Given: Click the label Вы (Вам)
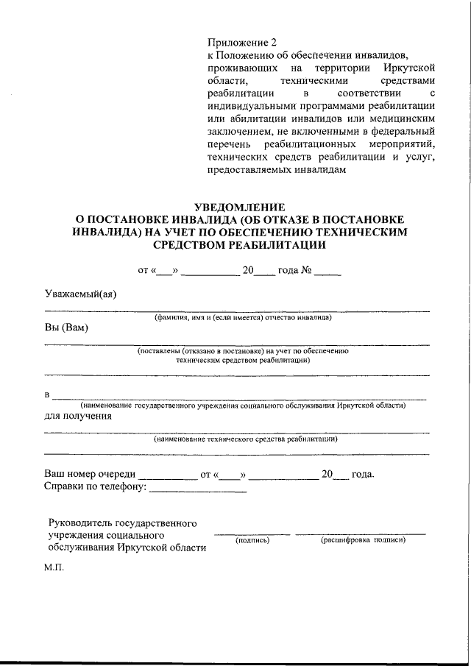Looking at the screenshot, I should (66, 327).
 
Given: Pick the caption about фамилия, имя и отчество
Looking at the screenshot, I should (243, 318).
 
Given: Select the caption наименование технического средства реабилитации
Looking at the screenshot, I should (246, 440).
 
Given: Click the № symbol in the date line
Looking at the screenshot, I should (307, 270).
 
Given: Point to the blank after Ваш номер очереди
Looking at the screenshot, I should (163, 475).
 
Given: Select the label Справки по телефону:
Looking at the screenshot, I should (96, 486).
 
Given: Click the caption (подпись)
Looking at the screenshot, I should (252, 541).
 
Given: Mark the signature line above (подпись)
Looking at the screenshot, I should (252, 534).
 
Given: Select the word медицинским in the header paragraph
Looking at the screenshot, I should (406, 118).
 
